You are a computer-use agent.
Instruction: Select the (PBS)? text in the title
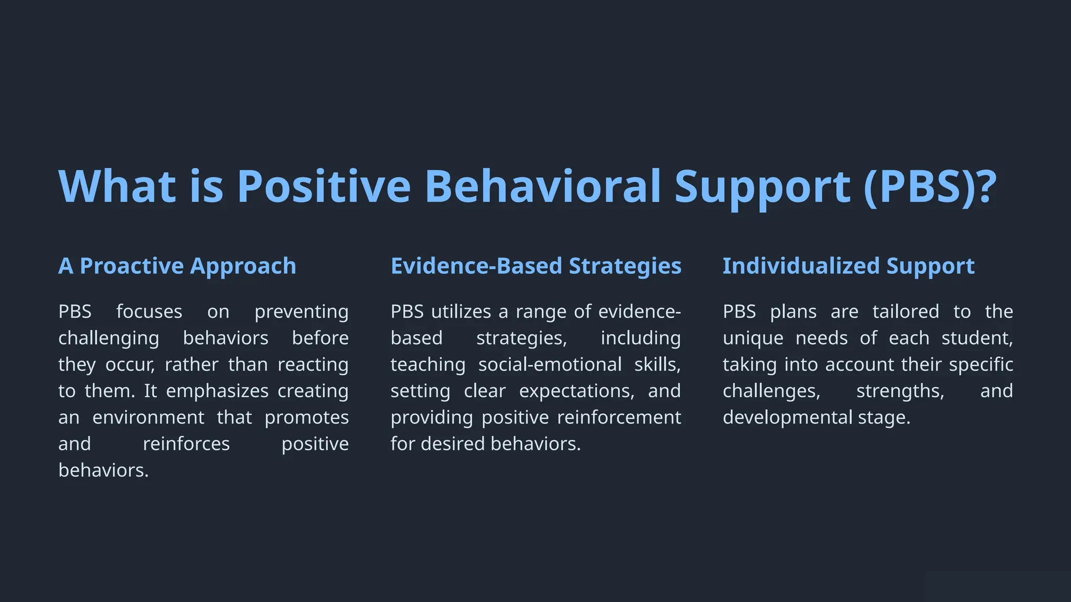coord(930,187)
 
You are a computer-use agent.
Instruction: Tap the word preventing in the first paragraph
coord(301,312)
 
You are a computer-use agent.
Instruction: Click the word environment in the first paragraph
coord(148,418)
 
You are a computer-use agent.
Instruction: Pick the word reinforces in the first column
coord(186,444)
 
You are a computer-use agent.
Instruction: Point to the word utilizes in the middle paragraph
coord(461,312)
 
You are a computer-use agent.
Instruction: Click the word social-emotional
coord(550,365)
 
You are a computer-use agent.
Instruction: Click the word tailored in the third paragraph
coord(905,312)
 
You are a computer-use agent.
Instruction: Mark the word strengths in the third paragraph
coord(899,391)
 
